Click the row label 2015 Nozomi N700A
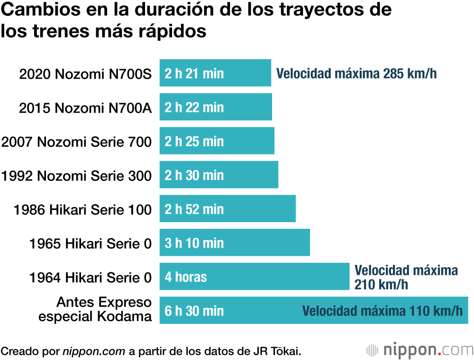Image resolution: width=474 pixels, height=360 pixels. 85,108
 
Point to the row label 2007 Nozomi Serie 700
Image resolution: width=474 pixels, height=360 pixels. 77,142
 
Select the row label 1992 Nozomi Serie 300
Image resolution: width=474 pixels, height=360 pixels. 77,176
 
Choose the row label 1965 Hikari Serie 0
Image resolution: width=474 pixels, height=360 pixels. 91,243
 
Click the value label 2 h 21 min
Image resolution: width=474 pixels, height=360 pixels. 194,73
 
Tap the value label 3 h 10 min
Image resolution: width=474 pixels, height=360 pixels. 194,243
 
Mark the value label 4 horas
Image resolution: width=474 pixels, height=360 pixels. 186,277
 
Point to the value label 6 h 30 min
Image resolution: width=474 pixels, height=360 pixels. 194,311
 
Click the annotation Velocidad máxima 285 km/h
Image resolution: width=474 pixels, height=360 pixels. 356,73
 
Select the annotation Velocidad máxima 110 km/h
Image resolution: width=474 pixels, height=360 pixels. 383,311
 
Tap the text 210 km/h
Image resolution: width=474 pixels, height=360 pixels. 381,285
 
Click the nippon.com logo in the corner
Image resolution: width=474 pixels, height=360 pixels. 419,351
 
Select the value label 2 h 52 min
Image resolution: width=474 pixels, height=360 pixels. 194,209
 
